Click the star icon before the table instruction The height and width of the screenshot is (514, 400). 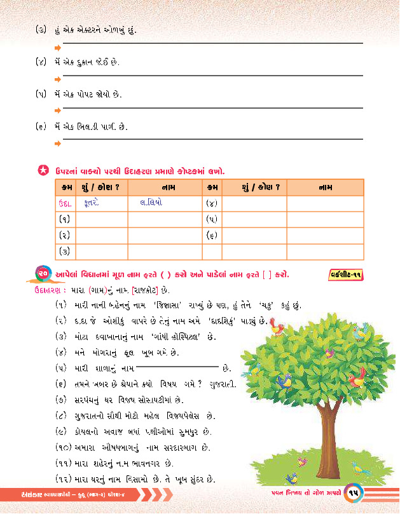[x=43, y=170]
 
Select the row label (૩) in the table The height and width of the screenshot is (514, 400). [x=64, y=251]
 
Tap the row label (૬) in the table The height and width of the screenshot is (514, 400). [x=212, y=235]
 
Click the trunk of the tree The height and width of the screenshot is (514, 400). [x=312, y=444]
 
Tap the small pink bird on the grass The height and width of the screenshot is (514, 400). [x=292, y=477]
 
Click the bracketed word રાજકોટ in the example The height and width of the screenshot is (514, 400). [x=149, y=290]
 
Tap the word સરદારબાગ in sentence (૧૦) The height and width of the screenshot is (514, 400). [x=163, y=447]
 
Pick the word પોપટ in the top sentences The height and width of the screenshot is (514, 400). [x=94, y=94]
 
